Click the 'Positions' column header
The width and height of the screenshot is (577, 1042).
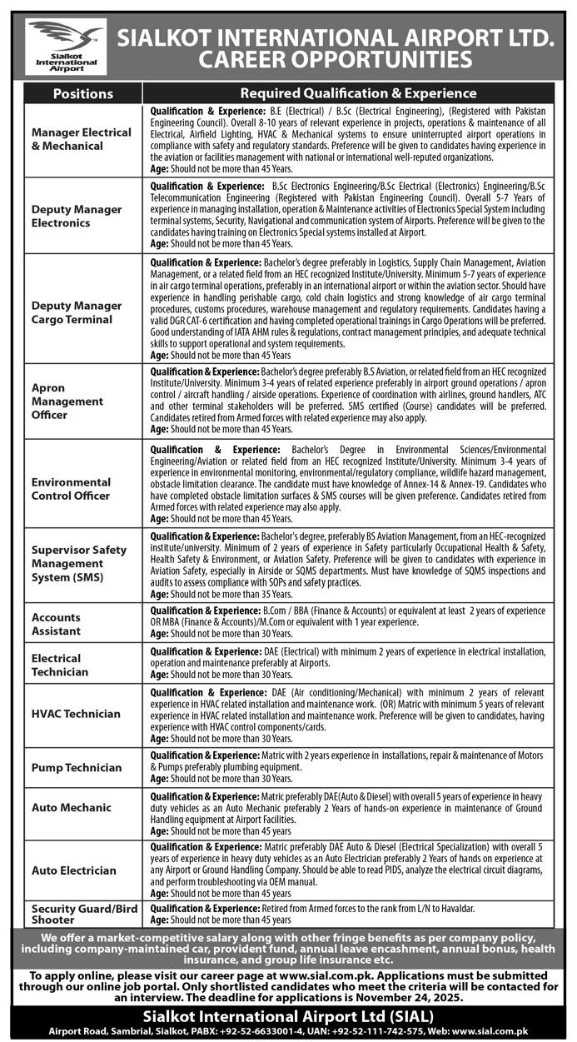(x=82, y=93)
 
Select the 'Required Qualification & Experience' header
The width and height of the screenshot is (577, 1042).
(x=358, y=93)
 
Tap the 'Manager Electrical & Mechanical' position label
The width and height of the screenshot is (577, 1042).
(x=82, y=139)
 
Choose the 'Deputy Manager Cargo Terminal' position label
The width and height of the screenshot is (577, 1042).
(x=77, y=312)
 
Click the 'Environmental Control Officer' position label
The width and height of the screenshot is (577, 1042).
(x=71, y=489)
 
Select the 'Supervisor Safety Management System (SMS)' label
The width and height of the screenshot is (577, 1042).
(x=79, y=563)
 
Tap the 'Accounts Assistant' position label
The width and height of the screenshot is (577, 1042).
(x=56, y=624)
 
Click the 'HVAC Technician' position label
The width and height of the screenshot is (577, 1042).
(x=76, y=714)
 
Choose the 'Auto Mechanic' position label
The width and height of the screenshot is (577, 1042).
(x=71, y=808)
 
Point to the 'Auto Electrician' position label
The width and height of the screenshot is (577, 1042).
(x=74, y=870)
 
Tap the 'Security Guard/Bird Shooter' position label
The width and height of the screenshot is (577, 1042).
(x=84, y=914)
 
